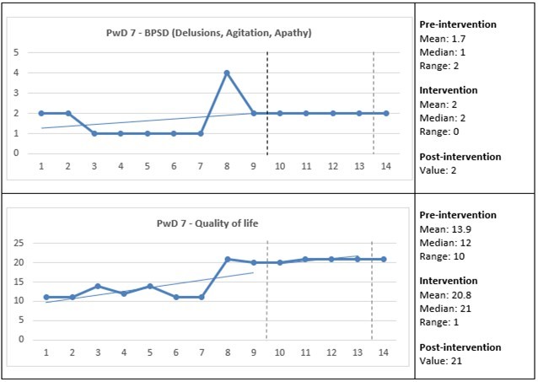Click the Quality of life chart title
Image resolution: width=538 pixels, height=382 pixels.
207,223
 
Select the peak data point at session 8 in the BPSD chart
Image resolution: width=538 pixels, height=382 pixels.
227,73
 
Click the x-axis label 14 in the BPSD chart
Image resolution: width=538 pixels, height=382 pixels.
386,167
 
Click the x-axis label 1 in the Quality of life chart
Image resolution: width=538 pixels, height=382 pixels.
46,353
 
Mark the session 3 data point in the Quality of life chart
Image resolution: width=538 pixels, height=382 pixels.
98,286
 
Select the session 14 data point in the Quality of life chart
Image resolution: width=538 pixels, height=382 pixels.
384,259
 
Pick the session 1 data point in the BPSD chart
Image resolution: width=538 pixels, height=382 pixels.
41,113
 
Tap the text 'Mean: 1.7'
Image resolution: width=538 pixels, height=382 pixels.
444,38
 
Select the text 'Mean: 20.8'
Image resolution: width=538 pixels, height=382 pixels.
446,294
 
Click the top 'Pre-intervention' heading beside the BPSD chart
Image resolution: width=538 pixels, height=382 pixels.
459,24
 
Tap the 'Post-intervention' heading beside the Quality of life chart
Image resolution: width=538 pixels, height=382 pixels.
460,347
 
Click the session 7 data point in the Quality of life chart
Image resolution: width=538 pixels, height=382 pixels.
202,297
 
